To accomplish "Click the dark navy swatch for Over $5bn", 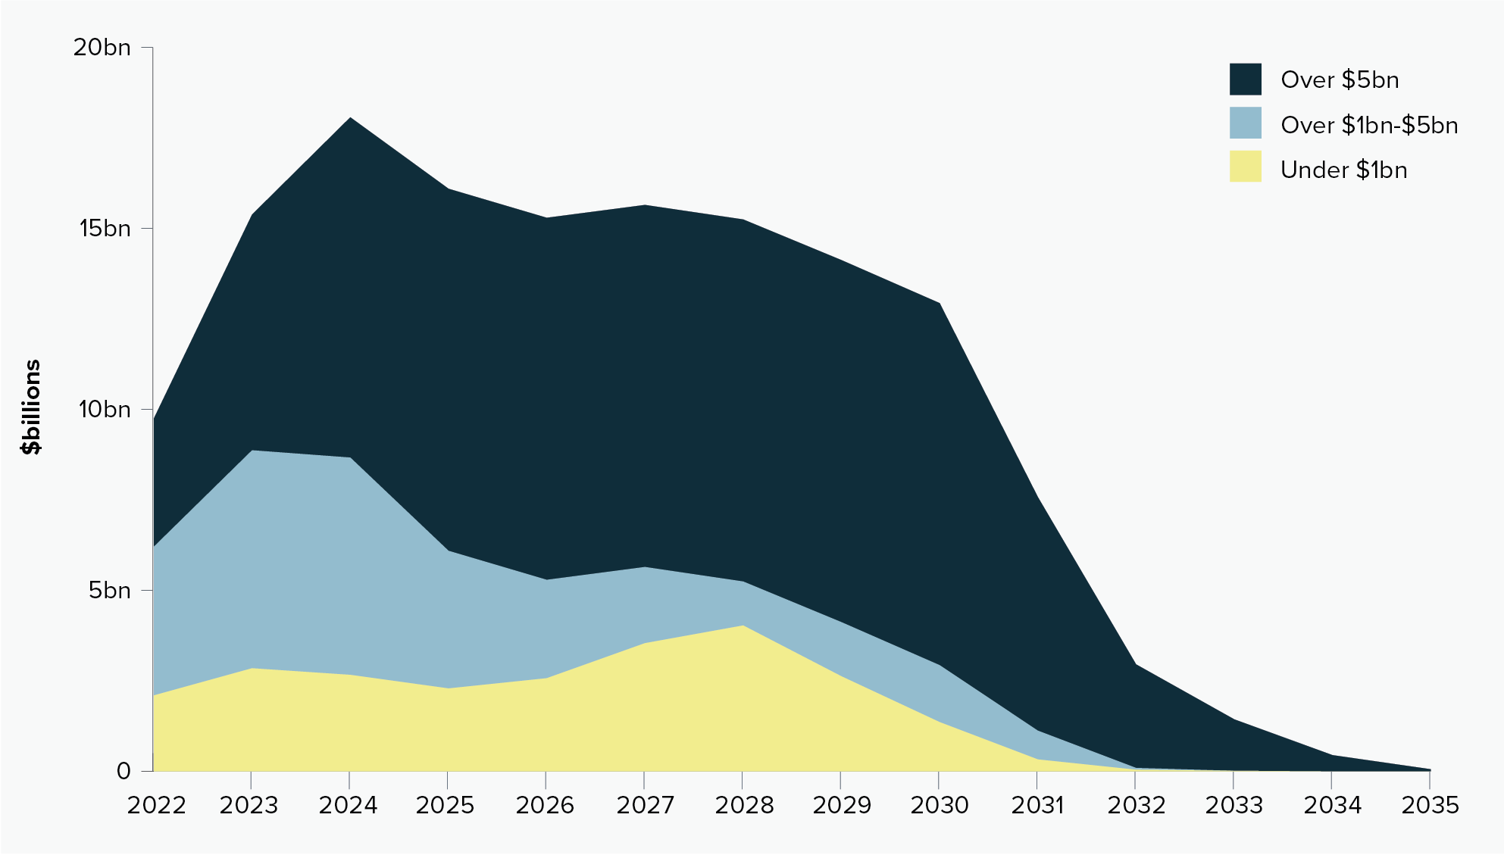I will coord(1245,79).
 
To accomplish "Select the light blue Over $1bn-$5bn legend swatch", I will coord(1245,123).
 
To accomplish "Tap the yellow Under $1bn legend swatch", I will coord(1245,167).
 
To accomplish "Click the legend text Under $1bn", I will coord(1343,170).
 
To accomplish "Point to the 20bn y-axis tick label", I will coord(102,48).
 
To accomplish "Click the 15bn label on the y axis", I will coord(105,228).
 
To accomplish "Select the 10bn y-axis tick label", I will coord(105,409).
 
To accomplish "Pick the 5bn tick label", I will coord(110,590).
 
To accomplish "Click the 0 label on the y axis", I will coord(124,771).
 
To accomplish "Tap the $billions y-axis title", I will coord(31,407).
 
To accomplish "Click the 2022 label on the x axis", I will coord(156,805).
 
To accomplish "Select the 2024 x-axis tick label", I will coord(349,805).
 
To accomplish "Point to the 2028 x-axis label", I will coord(744,805).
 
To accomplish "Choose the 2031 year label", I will coord(1038,805).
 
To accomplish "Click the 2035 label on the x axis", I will coord(1430,805).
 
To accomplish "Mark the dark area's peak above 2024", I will coord(350,118).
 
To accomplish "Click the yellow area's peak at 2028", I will coord(743,626).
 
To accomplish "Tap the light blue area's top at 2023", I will coord(252,451).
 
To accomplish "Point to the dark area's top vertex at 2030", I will coord(940,303).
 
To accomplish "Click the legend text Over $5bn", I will coord(1339,80).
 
